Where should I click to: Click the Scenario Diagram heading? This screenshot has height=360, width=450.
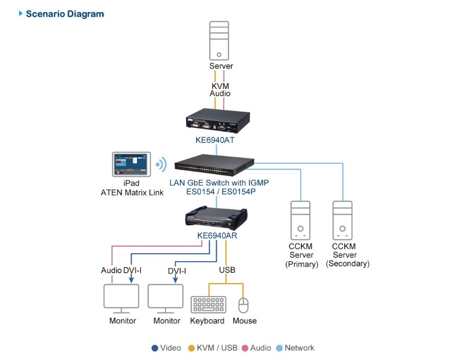65,14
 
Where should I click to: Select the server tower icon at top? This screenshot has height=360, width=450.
219,41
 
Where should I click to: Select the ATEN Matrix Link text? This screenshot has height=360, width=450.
132,192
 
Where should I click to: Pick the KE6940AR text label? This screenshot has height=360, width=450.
217,236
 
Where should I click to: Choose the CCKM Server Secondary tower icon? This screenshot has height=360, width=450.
342,220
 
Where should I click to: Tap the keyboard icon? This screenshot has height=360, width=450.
208,306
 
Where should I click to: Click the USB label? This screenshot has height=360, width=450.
227,270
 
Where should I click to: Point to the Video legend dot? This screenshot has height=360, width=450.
154,348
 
